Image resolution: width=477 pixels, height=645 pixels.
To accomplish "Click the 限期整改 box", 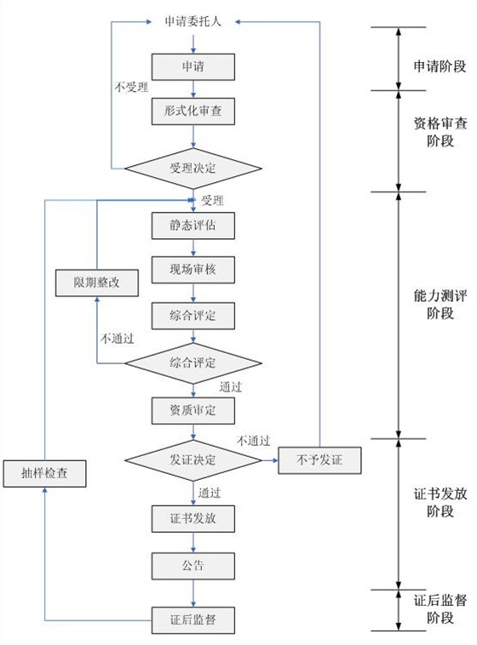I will point(96,283).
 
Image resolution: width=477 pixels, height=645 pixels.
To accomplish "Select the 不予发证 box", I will point(319,460).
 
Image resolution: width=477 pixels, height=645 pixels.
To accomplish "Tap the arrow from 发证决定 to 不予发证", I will point(268,460).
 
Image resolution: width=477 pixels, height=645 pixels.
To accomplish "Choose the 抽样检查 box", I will point(44,473).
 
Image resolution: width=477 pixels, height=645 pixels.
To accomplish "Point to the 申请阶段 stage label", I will point(440,65).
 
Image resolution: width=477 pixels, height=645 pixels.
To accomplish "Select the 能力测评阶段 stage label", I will point(440,305).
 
